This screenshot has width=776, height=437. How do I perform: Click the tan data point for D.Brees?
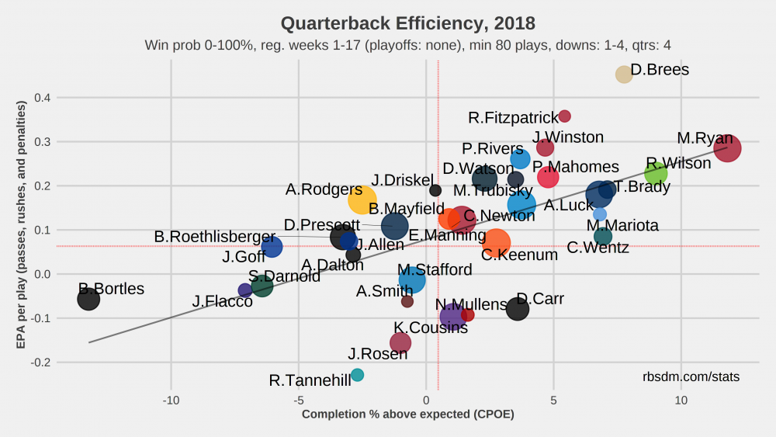pos(624,75)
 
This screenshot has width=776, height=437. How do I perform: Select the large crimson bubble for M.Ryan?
pos(727,147)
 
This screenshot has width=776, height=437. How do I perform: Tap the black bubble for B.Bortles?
pos(88,299)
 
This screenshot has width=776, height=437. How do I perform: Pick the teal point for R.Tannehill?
pos(357,375)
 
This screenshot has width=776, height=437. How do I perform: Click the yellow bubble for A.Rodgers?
pos(362,200)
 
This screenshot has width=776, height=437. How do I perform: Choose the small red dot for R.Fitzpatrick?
pos(564,116)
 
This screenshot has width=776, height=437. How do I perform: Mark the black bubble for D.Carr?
pos(518,308)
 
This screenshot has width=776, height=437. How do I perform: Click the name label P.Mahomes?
pos(576,167)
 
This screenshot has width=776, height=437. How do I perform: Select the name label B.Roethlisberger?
pos(214,236)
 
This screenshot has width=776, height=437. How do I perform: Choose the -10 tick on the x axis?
pos(171,401)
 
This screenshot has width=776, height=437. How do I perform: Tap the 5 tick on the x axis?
pos(553,401)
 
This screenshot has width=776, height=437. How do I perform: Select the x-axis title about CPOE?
pos(407,414)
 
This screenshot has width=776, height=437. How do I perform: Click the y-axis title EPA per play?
pos(23,230)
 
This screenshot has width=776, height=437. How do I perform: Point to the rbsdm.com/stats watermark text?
pos(691,377)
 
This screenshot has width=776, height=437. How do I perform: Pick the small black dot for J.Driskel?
pos(435,190)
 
